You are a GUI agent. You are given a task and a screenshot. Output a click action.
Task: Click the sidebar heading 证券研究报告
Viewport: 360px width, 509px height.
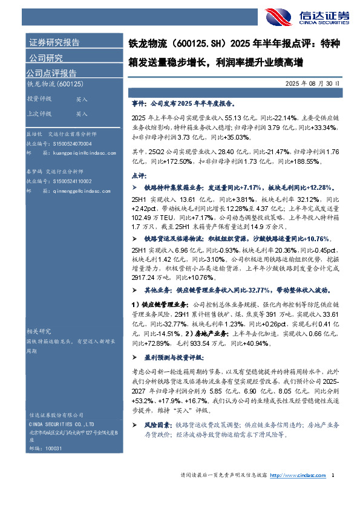pyautogui.click(x=54, y=42)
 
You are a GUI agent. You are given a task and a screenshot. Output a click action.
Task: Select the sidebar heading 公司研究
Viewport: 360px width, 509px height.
pyautogui.click(x=45, y=58)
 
